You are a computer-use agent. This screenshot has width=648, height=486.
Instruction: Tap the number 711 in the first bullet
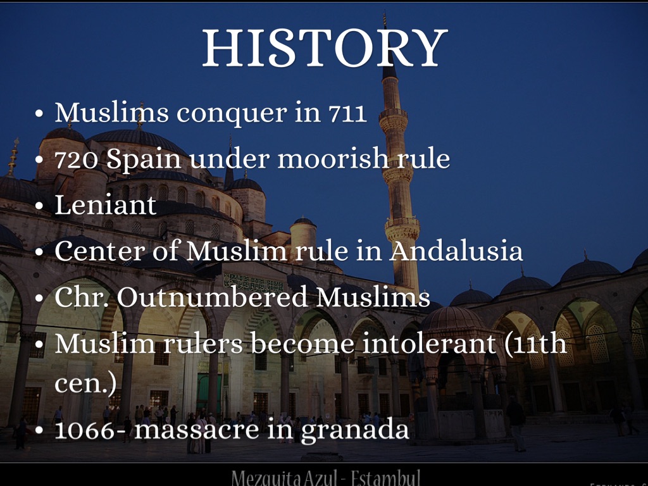pyautogui.click(x=347, y=113)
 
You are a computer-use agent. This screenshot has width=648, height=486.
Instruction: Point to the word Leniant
pyautogui.click(x=105, y=206)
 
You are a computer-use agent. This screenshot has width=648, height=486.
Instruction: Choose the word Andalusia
pyautogui.click(x=456, y=251)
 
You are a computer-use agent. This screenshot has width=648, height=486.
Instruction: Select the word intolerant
pyautogui.click(x=431, y=343)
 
